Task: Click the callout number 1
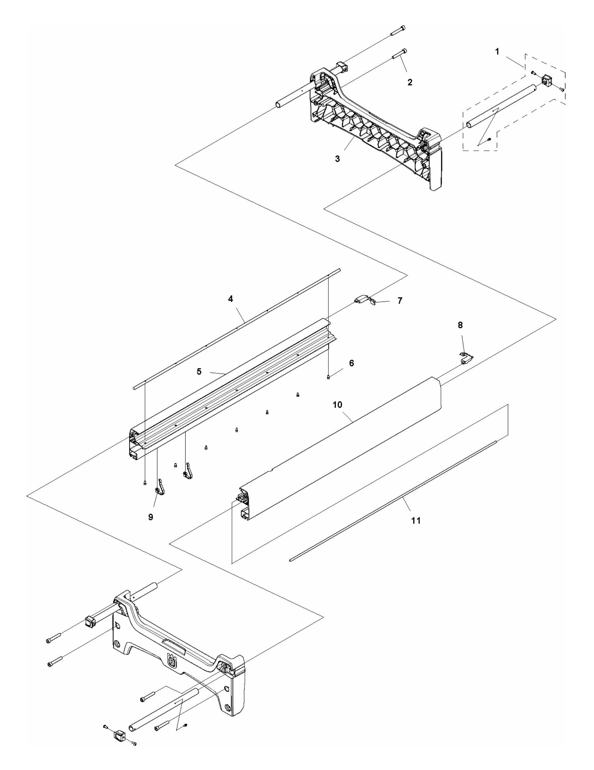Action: (x=497, y=52)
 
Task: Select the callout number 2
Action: (x=409, y=82)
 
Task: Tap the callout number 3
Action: (x=337, y=159)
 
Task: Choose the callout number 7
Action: (x=399, y=302)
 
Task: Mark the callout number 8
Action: (x=460, y=325)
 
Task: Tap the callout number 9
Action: (x=150, y=517)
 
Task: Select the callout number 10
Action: (x=337, y=404)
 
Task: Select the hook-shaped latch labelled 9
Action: (x=161, y=487)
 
